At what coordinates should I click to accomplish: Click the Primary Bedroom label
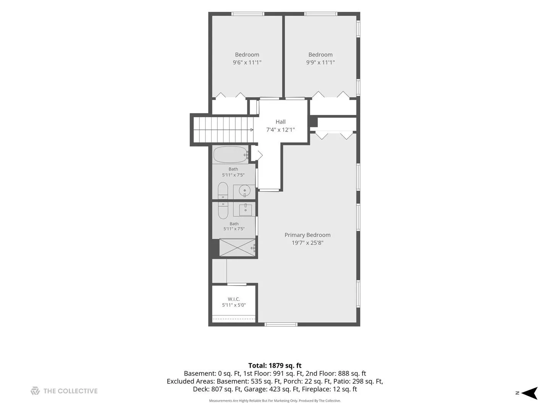tap(307, 235)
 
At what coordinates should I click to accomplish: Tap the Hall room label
tap(280, 122)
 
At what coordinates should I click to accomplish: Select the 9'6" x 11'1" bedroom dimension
tap(247, 62)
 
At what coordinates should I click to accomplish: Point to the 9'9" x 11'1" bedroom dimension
tap(320, 62)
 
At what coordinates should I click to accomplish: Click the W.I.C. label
tap(233, 299)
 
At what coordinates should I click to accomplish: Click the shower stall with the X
tap(237, 248)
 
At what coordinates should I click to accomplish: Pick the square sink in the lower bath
tap(245, 209)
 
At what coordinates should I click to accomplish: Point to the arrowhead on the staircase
tap(252, 130)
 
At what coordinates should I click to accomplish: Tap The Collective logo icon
tap(35, 391)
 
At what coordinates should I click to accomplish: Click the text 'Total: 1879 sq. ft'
tap(275, 365)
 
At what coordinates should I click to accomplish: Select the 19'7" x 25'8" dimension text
tap(307, 243)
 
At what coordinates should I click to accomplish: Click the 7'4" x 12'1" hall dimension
tap(280, 130)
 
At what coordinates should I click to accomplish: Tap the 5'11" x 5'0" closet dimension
tap(234, 305)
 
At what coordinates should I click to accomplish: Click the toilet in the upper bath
tap(223, 191)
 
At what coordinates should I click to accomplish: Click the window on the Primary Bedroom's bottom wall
tap(281, 324)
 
